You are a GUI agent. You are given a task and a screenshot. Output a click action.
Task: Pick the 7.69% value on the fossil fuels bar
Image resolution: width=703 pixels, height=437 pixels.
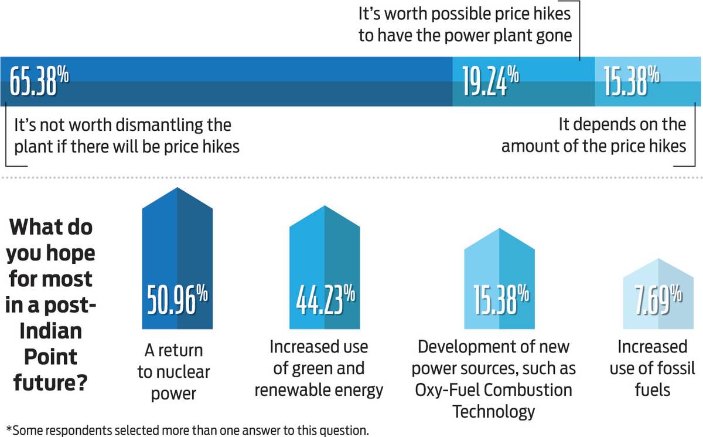659,300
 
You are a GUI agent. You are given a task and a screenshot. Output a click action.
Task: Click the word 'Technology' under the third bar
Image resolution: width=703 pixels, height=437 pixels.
494,411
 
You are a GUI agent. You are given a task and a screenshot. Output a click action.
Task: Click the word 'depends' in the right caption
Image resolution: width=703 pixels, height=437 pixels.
604,125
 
